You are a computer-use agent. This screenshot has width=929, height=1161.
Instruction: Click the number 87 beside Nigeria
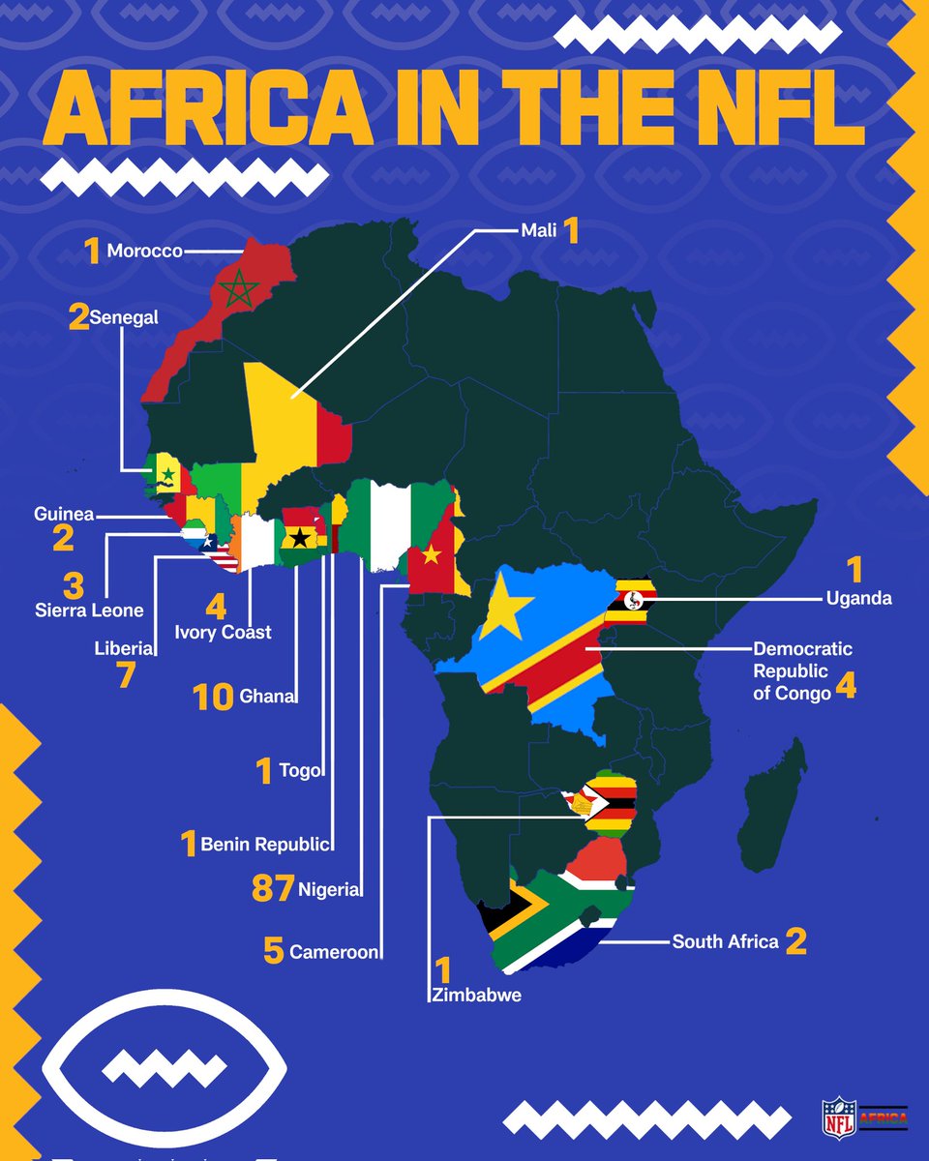[x=272, y=889]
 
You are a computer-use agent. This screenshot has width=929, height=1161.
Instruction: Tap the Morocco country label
[x=144, y=252]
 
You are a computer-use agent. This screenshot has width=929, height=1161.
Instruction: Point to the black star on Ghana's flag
[x=301, y=537]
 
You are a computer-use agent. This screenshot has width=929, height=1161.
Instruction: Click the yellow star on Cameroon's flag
[x=431, y=554]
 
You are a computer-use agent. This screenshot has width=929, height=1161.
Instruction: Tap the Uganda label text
[x=858, y=599]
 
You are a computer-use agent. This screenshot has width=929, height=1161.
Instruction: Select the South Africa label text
[x=725, y=941]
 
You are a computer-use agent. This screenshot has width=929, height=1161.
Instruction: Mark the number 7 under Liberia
[x=125, y=675]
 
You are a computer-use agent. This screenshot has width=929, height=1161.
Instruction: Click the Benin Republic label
[x=266, y=844]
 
